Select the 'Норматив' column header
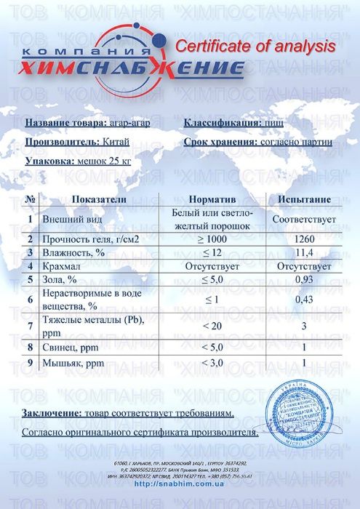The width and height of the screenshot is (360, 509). pyautogui.click(x=212, y=199)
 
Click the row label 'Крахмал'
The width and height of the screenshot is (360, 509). pyautogui.click(x=62, y=266)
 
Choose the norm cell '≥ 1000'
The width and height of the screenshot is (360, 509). pyautogui.click(x=212, y=239)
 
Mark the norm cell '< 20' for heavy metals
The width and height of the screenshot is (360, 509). pyautogui.click(x=212, y=325)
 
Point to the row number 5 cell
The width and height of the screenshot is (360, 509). pyautogui.click(x=31, y=280)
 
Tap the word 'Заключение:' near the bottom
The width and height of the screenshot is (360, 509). pyautogui.click(x=54, y=413)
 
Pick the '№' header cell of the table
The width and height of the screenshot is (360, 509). pyautogui.click(x=31, y=199)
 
